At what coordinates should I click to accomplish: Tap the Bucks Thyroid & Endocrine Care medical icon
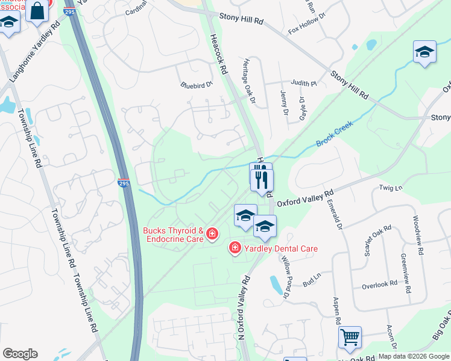coord(212,233)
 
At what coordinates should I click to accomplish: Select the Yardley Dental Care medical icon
coord(235,247)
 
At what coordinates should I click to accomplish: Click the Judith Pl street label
coord(303,84)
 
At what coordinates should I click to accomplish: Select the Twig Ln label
coord(390,188)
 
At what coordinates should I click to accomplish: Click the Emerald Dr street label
coord(336,215)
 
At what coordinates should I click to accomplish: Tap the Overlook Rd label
coord(379,283)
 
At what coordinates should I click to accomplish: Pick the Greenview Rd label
coord(405,273)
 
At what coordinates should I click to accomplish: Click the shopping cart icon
coord(349,338)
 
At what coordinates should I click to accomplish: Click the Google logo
coord(20,354)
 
